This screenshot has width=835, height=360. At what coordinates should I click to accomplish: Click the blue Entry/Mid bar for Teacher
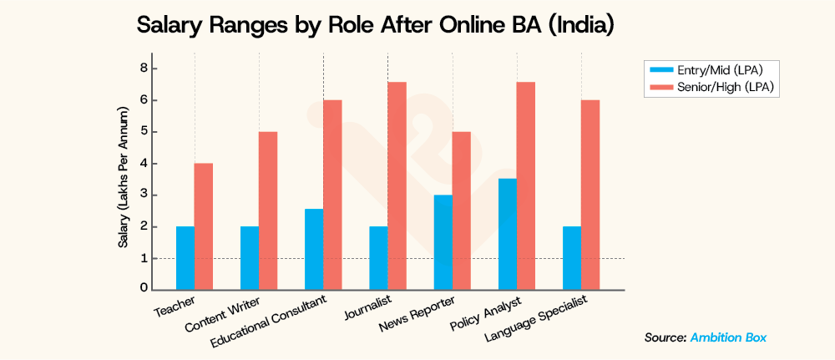click(185, 258)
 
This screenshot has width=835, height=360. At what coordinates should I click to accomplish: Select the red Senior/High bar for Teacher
click(204, 226)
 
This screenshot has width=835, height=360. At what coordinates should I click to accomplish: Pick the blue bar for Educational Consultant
click(314, 249)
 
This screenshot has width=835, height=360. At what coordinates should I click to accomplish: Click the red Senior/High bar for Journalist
click(397, 185)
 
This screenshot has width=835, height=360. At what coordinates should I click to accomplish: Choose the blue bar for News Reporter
click(443, 242)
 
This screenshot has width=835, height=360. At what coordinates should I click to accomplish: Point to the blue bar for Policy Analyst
click(507, 234)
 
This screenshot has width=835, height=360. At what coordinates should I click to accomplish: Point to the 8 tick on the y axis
click(144, 68)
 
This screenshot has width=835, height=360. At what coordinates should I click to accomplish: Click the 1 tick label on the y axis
click(144, 258)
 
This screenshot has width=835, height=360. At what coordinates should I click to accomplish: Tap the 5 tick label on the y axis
click(144, 132)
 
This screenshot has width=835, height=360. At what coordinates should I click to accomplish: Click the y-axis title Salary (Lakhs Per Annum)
click(123, 178)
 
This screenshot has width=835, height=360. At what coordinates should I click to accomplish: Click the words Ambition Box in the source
click(729, 337)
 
